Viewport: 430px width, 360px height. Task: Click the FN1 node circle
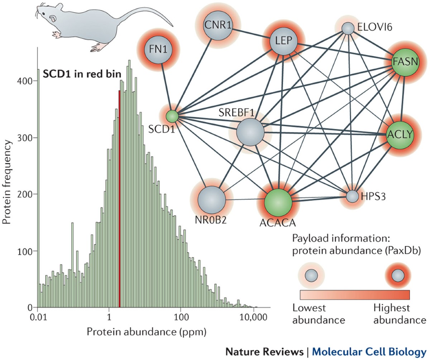(156, 49)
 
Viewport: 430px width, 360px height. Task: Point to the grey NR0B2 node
(211, 199)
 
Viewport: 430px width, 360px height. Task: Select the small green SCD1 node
(173, 116)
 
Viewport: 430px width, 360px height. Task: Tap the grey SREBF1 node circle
(250, 132)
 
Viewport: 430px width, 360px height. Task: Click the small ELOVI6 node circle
(347, 28)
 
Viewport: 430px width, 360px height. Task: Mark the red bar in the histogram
(119, 197)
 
